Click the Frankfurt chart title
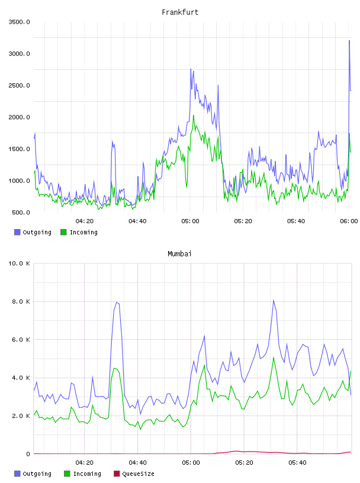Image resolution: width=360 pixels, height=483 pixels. [180, 12]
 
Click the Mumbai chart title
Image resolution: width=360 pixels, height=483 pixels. [179, 254]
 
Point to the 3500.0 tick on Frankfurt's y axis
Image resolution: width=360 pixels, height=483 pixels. [19, 22]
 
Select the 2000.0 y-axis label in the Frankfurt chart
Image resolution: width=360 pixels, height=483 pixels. [19, 117]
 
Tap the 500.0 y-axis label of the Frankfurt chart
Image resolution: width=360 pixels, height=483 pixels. [21, 212]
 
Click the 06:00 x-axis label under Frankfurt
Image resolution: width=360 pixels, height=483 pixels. [349, 221]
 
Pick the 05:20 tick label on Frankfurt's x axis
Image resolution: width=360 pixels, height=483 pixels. [243, 221]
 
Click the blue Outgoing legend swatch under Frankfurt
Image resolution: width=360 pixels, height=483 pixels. [17, 232]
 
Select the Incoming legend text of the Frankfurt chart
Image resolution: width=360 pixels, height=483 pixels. [84, 232]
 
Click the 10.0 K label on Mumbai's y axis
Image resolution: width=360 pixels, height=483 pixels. [19, 263]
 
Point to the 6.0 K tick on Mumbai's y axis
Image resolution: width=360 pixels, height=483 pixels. [21, 339]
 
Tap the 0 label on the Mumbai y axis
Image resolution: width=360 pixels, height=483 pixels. [28, 454]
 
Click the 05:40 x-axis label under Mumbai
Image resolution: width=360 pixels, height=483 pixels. [297, 463]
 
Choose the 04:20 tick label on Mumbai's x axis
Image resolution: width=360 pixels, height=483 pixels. [85, 463]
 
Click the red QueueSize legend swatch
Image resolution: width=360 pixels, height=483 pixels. [117, 474]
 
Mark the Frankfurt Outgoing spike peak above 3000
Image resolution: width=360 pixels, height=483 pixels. [349, 40]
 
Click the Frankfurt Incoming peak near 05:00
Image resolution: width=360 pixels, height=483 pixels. [194, 115]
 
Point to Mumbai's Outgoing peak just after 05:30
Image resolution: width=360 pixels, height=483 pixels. [274, 300]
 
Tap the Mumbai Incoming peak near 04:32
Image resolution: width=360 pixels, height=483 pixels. [114, 368]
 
